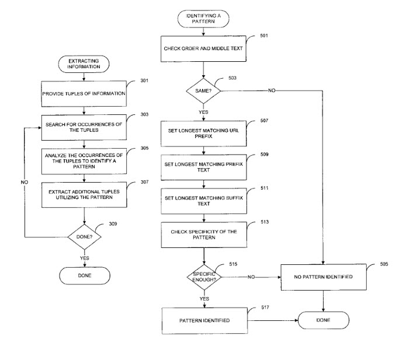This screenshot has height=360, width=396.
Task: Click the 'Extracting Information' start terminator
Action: tap(84, 64)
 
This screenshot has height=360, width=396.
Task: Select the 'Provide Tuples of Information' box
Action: tap(84, 93)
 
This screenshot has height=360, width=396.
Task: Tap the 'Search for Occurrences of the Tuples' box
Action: tap(84, 127)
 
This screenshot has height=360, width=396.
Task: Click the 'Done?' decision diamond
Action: tap(84, 237)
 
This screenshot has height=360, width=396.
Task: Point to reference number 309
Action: tap(113, 224)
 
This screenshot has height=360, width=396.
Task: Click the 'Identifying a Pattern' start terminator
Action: tap(203, 19)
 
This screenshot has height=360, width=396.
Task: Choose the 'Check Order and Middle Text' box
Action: tap(203, 48)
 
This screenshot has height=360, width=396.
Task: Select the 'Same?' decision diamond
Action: tap(203, 91)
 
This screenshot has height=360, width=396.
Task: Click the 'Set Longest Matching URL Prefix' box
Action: tap(204, 134)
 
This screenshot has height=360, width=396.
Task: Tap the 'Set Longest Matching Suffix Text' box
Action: tap(204, 201)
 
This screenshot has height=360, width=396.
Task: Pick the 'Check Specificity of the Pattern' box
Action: tap(204, 235)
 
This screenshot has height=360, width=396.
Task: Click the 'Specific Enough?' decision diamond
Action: tap(204, 277)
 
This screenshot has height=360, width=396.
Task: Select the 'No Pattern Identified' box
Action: tap(323, 277)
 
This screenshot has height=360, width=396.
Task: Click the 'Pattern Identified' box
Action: tap(204, 321)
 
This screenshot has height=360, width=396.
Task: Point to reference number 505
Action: tap(384, 264)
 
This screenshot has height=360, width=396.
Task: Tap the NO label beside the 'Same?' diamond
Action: tap(272, 90)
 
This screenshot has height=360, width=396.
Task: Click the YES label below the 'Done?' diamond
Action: tap(84, 258)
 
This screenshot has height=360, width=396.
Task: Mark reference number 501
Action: tap(264, 36)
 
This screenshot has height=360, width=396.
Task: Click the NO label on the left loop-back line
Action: tap(25, 182)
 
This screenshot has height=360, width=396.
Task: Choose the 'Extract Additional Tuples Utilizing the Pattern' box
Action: tap(84, 195)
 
